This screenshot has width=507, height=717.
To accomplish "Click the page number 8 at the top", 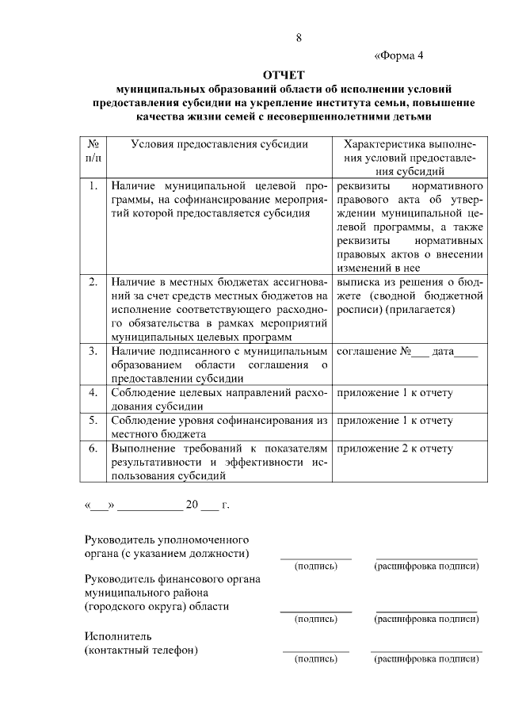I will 299,38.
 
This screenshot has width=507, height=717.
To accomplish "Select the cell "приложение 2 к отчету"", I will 395,448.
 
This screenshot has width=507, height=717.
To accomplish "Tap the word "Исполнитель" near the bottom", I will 117,636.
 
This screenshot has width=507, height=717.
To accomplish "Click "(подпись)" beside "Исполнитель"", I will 315,658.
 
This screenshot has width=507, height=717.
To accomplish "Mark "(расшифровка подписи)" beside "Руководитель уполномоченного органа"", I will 426,566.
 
